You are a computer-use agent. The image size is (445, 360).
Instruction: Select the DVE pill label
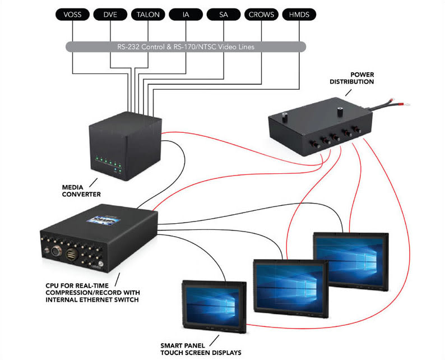pyautogui.click(x=110, y=13)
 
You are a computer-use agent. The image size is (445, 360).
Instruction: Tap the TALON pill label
pyautogui.click(x=148, y=13)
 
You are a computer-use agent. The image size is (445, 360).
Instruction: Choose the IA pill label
pyautogui.click(x=186, y=13)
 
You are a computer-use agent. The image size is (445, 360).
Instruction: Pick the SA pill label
pyautogui.click(x=224, y=13)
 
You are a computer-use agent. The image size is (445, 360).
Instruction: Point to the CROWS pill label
pyautogui.click(x=261, y=13)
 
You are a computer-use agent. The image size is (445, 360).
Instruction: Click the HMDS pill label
pyautogui.click(x=299, y=13)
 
